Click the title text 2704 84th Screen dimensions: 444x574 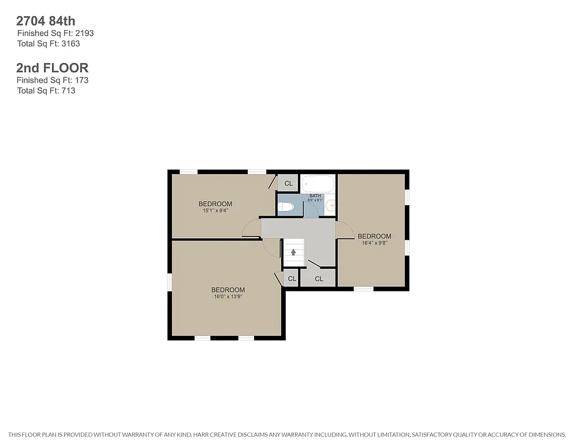[x=46, y=21]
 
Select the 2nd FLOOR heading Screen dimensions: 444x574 [x=52, y=68]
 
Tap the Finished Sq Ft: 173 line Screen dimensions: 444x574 [x=52, y=80]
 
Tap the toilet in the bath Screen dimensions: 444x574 [x=286, y=206]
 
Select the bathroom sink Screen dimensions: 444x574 [x=330, y=205]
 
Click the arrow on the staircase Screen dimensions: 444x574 [x=293, y=252]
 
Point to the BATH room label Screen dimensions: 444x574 [x=315, y=196]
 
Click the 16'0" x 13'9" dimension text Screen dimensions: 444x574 [x=228, y=297]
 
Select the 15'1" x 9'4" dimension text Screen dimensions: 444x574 [x=215, y=210]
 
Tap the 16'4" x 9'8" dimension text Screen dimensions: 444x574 [x=374, y=243]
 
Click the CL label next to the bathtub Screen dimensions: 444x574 [x=288, y=184]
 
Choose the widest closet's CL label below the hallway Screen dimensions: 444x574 [x=319, y=279]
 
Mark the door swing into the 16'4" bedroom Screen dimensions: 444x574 [x=344, y=230]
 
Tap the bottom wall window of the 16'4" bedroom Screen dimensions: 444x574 [x=363, y=288]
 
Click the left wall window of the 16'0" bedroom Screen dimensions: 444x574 [x=170, y=282]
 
